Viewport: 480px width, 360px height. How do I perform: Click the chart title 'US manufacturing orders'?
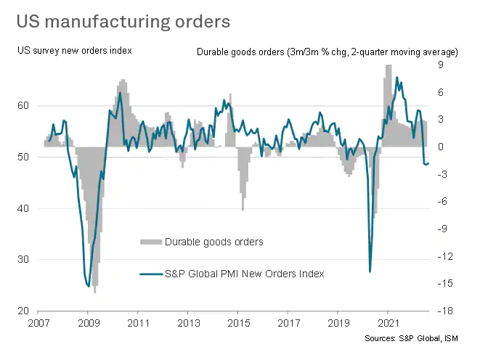click(124, 21)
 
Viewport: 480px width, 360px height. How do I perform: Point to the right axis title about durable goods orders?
click(328, 52)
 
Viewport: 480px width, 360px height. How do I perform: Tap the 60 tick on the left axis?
click(23, 106)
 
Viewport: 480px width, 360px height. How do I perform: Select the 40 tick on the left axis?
click(23, 209)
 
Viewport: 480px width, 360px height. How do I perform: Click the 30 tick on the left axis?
click(23, 260)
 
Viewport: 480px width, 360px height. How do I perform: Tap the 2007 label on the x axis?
click(39, 323)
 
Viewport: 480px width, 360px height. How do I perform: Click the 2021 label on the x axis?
click(389, 323)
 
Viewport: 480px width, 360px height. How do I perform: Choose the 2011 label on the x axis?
click(139, 323)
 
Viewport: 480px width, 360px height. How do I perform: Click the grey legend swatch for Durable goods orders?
click(150, 241)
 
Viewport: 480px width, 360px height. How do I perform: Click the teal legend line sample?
click(150, 274)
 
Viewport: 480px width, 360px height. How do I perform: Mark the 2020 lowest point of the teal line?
click(370, 271)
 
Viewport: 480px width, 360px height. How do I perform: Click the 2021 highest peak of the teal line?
click(396, 77)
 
